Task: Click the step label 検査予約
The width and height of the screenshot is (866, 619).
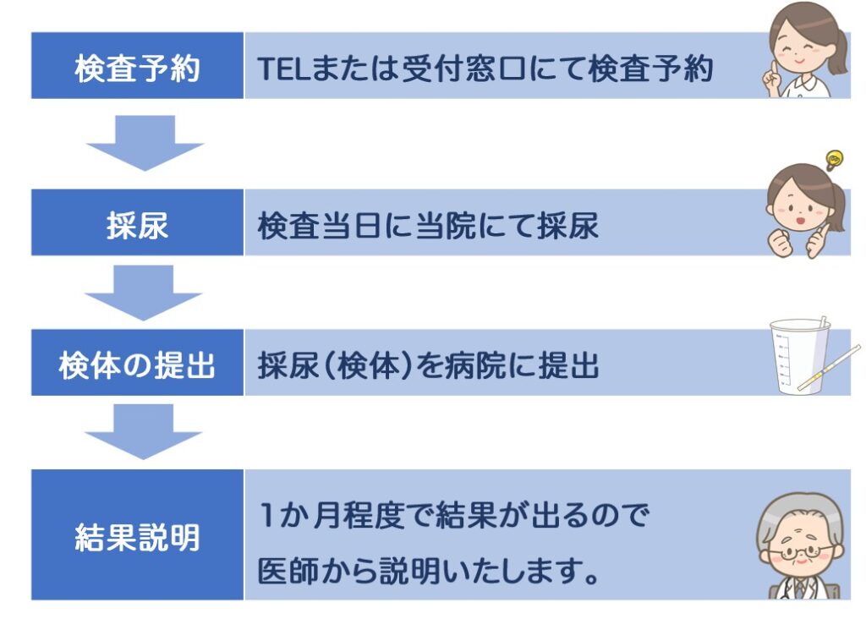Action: click(137, 67)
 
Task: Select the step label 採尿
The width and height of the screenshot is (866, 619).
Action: click(137, 224)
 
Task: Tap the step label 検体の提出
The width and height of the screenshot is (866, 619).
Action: click(137, 364)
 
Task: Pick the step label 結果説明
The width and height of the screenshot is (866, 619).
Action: click(137, 536)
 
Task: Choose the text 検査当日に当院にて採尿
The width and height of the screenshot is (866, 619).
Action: click(428, 225)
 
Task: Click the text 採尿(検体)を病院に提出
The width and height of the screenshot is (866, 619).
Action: click(428, 365)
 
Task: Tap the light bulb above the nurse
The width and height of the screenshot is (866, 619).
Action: click(834, 158)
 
